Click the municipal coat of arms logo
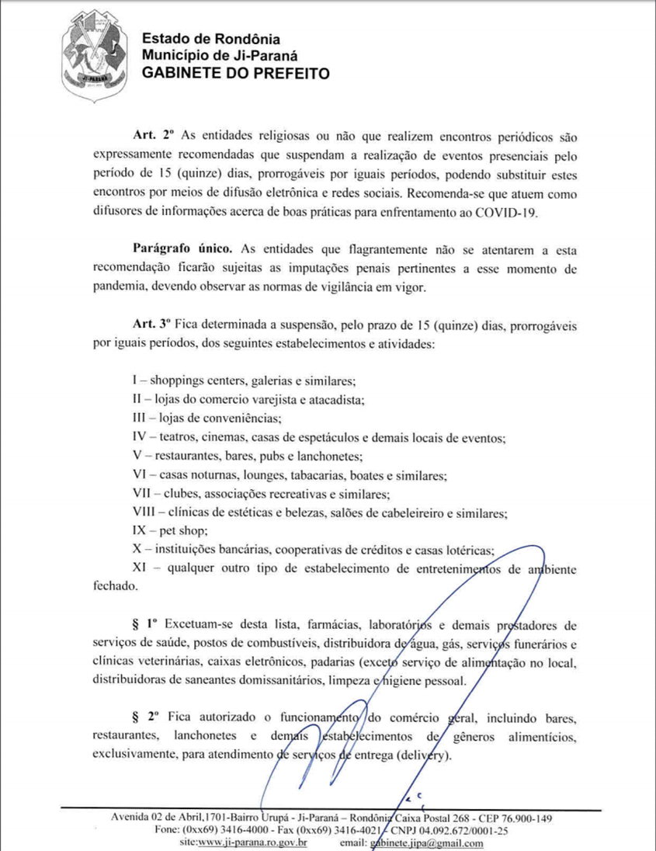(x=92, y=57)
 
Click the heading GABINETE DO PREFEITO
(x=235, y=73)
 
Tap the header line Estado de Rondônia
(x=211, y=39)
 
